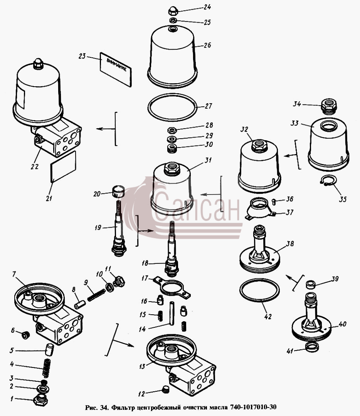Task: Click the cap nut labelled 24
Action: coord(173,11)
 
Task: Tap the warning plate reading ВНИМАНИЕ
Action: coord(116,69)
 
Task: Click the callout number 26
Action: coord(207,45)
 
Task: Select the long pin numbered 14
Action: coord(172,313)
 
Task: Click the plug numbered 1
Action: coord(40,399)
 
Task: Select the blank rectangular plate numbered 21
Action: coord(63,167)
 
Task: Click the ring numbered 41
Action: coord(312,347)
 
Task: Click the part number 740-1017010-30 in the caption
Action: coord(253,407)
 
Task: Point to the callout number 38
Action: coord(290,243)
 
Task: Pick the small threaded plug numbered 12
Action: coord(165,390)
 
